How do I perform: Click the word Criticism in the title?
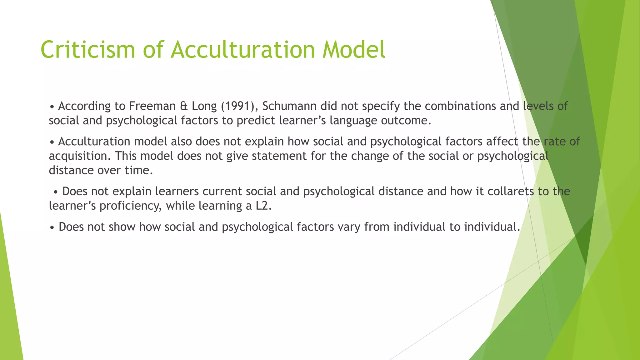[88, 49]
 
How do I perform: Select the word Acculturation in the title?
[242, 49]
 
